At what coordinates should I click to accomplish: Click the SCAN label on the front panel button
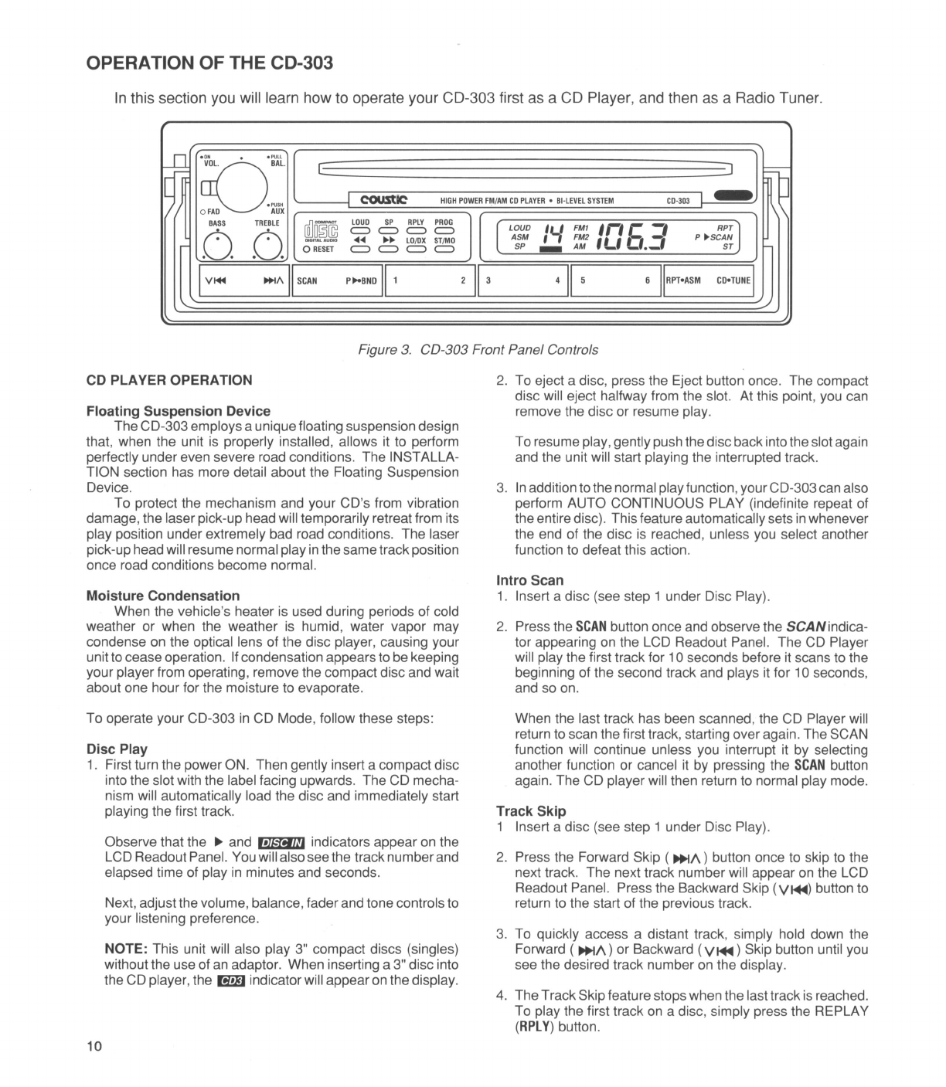(x=307, y=280)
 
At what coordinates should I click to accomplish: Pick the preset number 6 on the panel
(x=647, y=280)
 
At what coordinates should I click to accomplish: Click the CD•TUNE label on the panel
(x=733, y=280)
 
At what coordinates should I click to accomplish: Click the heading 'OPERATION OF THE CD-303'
(x=209, y=63)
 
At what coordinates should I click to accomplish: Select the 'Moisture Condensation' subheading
(x=163, y=596)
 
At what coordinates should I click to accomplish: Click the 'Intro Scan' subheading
(x=529, y=580)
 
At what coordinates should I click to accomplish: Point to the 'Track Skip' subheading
(x=530, y=811)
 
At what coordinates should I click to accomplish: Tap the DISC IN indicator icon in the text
(x=281, y=843)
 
